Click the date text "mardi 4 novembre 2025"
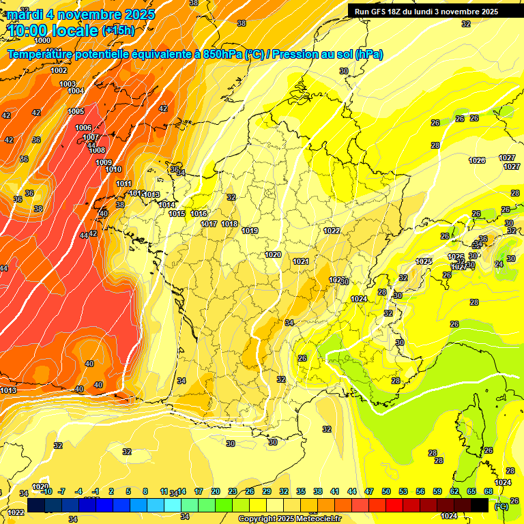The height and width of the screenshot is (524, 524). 81,14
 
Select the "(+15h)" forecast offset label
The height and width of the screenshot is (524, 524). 118,31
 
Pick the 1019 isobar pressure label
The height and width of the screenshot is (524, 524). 250,231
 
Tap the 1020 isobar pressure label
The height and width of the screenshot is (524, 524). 273,254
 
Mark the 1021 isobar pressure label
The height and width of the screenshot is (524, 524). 301,261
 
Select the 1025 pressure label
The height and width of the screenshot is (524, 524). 424,262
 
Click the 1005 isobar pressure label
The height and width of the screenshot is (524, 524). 76,111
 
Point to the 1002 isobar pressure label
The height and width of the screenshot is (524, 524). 59,70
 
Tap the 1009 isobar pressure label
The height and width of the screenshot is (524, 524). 104,162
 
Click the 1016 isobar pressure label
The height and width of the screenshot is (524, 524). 199,214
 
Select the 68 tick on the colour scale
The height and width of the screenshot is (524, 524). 489,491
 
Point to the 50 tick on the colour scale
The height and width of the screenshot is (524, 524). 386,491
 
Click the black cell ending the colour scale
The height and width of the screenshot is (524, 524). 480,505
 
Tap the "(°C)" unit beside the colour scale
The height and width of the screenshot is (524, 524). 501,506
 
